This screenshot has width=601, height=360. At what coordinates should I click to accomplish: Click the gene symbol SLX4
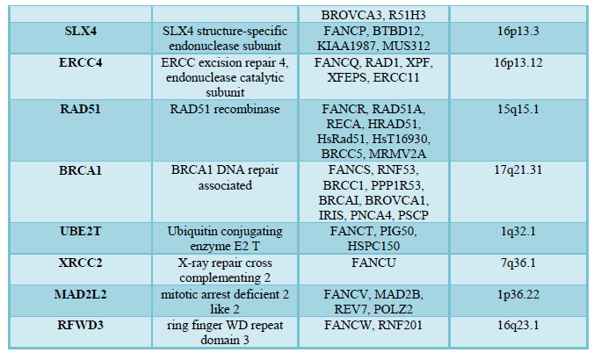pyautogui.click(x=81, y=31)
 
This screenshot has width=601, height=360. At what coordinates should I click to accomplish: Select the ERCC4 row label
pyautogui.click(x=81, y=62)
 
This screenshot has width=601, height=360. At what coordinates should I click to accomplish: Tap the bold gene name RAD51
pyautogui.click(x=81, y=109)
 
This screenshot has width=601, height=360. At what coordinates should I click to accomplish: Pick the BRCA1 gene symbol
pyautogui.click(x=81, y=170)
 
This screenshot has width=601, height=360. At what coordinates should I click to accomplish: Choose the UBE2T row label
pyautogui.click(x=81, y=231)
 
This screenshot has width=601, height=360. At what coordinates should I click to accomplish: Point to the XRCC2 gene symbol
pyautogui.click(x=81, y=263)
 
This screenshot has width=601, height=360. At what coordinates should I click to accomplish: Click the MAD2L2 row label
pyautogui.click(x=81, y=294)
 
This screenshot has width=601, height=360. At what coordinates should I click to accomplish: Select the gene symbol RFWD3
pyautogui.click(x=81, y=325)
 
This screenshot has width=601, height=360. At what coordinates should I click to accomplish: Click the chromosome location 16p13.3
pyautogui.click(x=518, y=31)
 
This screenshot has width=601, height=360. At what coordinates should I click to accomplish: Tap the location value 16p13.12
pyautogui.click(x=518, y=62)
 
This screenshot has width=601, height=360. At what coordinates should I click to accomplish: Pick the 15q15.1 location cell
pyautogui.click(x=518, y=109)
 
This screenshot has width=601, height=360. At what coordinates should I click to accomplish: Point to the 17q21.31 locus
pyautogui.click(x=518, y=170)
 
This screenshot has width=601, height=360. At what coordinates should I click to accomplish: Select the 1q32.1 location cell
pyautogui.click(x=518, y=231)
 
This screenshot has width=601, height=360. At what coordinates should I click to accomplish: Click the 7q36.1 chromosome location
pyautogui.click(x=518, y=263)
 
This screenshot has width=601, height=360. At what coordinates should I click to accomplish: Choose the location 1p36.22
pyautogui.click(x=518, y=294)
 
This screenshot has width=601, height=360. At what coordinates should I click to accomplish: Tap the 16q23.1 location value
pyautogui.click(x=518, y=325)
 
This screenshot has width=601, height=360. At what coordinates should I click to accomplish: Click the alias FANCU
pyautogui.click(x=373, y=263)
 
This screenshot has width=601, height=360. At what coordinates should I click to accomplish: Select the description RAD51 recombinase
pyautogui.click(x=225, y=109)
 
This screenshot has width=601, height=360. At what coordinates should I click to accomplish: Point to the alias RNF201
pyautogui.click(x=400, y=325)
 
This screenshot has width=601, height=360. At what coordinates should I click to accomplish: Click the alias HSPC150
pyautogui.click(x=373, y=246)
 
